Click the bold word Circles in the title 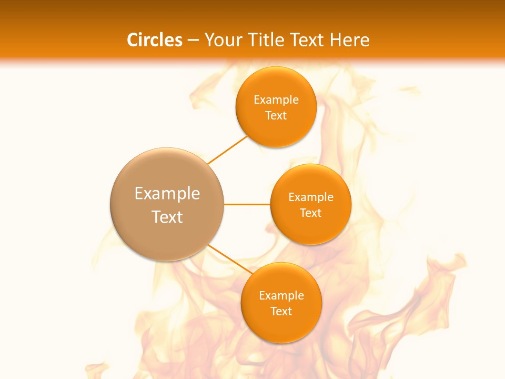pos(155,40)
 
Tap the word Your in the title pos(222,40)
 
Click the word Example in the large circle pos(167,194)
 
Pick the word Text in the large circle pos(167,217)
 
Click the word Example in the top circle pos(276,100)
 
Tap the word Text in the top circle pos(276,116)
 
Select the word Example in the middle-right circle pos(311,197)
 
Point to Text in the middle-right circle pos(311,213)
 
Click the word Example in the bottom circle pos(281,296)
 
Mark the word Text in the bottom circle pos(281,312)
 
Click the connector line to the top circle pos(227,149)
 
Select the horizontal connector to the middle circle pos(247,204)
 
